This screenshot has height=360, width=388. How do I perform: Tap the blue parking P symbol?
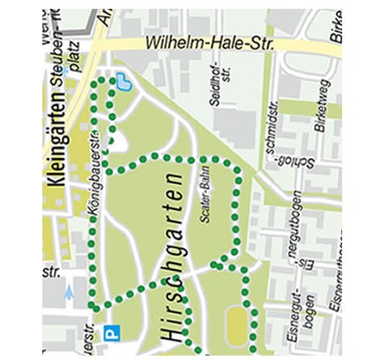pos(112,334)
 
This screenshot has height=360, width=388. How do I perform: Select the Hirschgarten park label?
pos(172,256)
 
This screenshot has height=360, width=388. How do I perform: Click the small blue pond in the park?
pos(125,83)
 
